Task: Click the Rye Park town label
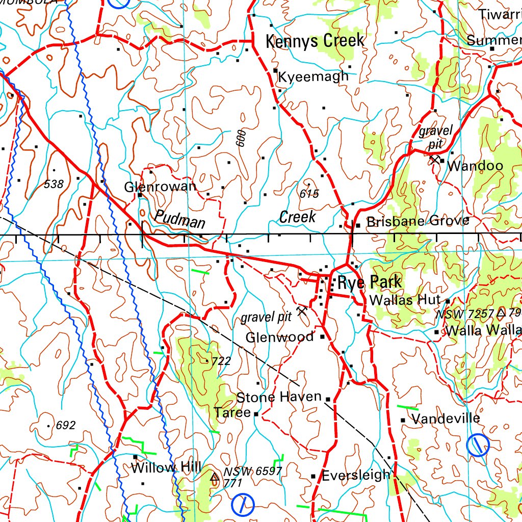[370, 282]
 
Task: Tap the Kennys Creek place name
[315, 41]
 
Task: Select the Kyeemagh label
[314, 76]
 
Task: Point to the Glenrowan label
[160, 187]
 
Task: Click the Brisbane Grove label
[417, 221]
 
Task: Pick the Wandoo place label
[475, 166]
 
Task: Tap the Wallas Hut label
[404, 300]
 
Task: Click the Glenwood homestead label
[279, 337]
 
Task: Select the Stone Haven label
[279, 397]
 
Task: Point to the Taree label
[232, 412]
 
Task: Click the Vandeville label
[446, 419]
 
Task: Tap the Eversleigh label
[355, 476]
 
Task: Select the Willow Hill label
[166, 467]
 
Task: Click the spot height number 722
[221, 361]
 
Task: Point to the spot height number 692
[66, 425]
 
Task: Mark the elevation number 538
[54, 184]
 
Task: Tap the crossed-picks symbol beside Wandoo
[434, 160]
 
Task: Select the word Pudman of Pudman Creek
[180, 219]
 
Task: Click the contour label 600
[241, 138]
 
